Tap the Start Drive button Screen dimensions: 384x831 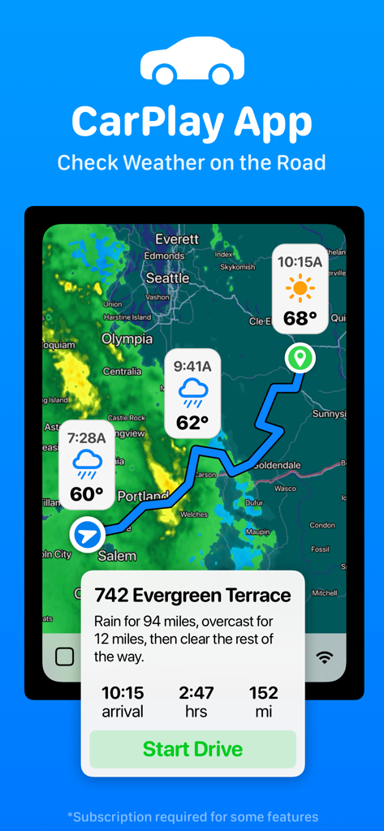click(192, 749)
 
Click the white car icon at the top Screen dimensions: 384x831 click(192, 61)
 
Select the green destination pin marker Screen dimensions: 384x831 click(300, 357)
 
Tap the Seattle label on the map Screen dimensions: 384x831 click(167, 278)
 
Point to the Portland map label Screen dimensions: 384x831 click(143, 495)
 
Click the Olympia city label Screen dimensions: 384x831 click(127, 338)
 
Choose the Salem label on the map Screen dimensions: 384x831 click(118, 556)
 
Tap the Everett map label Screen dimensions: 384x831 click(177, 239)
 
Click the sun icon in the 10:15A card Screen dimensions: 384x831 click(300, 288)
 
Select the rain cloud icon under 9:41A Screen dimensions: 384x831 click(192, 392)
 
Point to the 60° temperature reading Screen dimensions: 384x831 click(87, 493)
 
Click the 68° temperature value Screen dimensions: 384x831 click(300, 317)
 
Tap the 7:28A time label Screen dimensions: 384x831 click(87, 438)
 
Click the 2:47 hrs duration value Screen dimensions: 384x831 click(196, 701)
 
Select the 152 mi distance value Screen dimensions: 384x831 click(264, 701)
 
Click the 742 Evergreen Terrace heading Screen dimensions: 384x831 click(192, 595)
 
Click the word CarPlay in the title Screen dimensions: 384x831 click(145, 123)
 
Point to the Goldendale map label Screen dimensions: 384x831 click(277, 465)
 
